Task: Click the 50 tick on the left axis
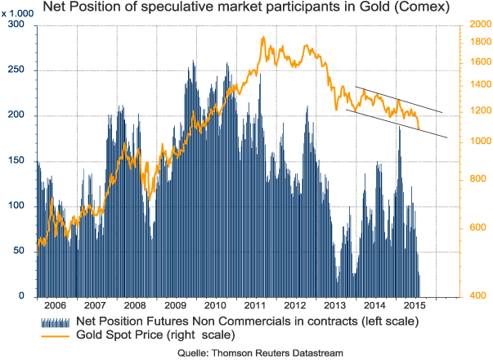(20, 251)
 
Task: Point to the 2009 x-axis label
(177, 305)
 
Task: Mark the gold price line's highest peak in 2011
(262, 38)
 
